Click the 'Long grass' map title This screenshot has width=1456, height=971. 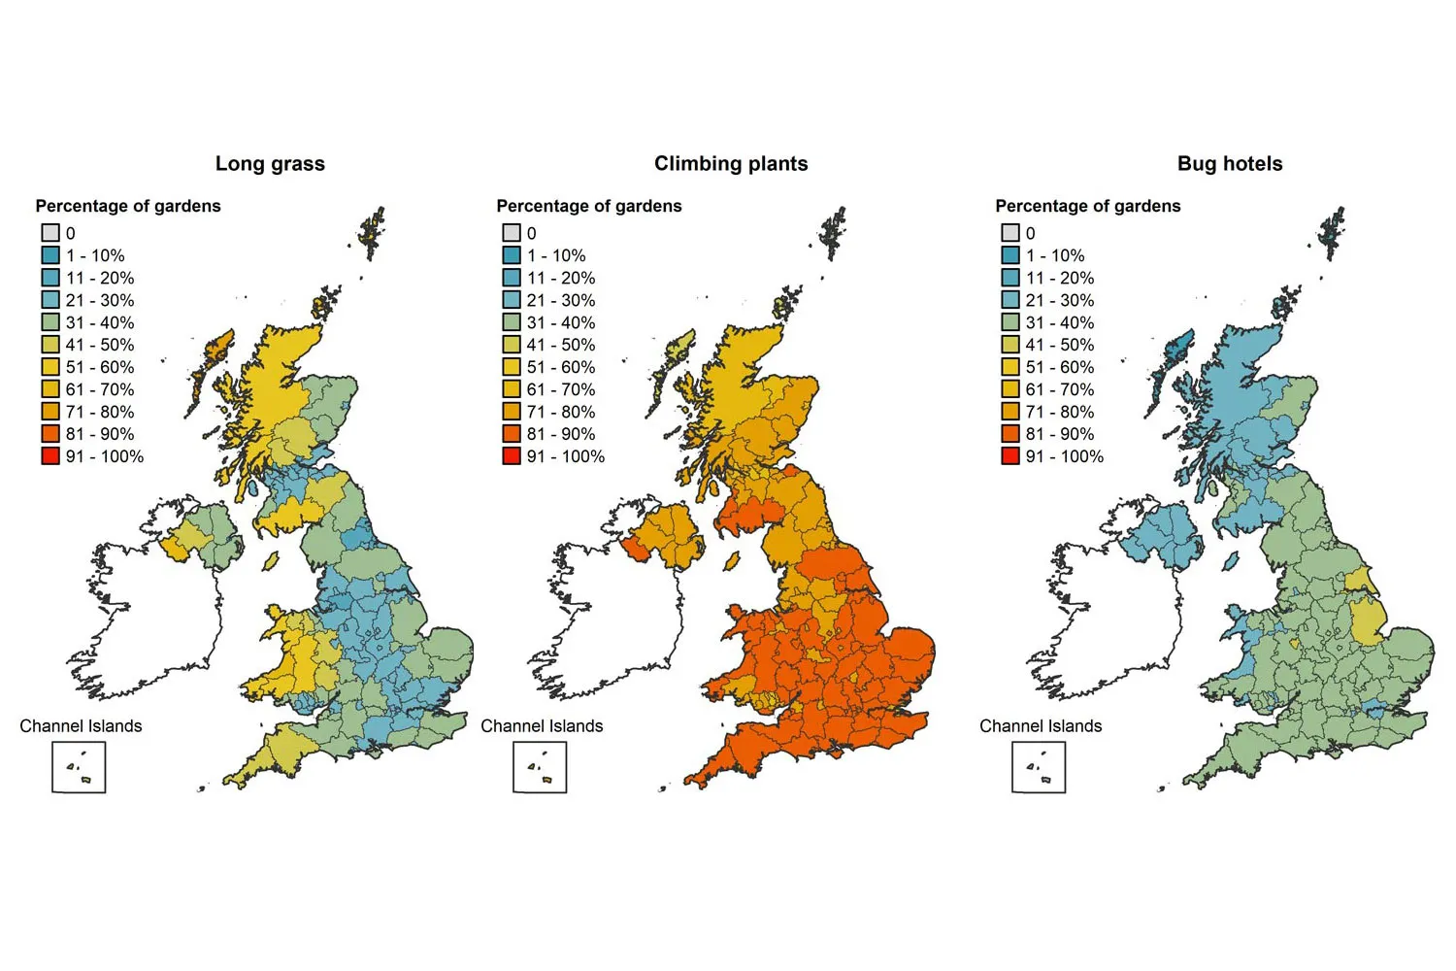tap(270, 164)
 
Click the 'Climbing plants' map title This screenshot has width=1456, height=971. tap(731, 164)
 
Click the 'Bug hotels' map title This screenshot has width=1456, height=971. tap(1230, 164)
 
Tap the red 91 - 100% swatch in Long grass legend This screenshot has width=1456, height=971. tap(50, 456)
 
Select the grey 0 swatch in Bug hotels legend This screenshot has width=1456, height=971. tap(1010, 233)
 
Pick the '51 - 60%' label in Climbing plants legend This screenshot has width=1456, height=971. tap(561, 367)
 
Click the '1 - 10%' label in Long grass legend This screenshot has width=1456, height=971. tap(95, 255)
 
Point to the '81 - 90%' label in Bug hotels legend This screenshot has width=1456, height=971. tap(1059, 434)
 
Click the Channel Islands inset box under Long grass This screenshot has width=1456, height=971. tap(79, 767)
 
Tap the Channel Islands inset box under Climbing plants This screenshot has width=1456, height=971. tap(540, 767)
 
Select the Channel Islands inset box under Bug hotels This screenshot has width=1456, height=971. tap(1039, 767)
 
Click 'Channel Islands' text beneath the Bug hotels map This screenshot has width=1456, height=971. tap(1041, 726)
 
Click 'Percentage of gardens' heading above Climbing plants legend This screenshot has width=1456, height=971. tap(589, 206)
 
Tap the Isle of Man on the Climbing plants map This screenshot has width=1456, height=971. tap(732, 561)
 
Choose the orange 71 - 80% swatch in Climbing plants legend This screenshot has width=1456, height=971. tap(512, 412)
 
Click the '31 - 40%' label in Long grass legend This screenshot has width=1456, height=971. tap(100, 322)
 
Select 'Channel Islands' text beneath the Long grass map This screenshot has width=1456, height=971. tap(81, 726)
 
